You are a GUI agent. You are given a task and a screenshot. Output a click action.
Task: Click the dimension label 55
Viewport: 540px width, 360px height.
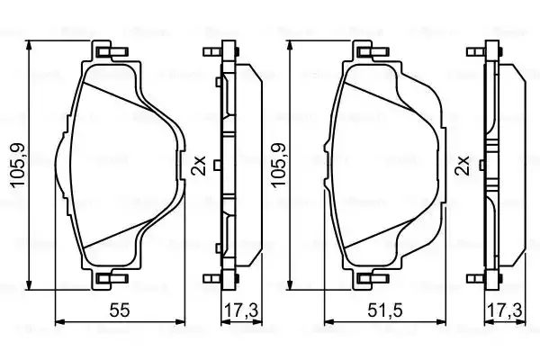point(120,310)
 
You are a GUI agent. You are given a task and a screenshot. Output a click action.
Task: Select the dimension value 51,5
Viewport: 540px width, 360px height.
point(385,310)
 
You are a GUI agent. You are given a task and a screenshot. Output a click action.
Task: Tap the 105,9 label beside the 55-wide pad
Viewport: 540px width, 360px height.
point(18,165)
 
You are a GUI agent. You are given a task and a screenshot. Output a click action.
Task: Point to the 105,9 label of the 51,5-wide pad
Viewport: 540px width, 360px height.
point(279,165)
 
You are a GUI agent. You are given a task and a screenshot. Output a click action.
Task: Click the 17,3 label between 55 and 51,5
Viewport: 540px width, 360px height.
point(240,310)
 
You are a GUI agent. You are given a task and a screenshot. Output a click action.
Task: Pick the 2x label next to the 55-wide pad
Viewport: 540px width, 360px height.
point(200,166)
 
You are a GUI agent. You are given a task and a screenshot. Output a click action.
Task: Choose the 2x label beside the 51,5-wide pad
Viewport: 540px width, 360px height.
point(463,166)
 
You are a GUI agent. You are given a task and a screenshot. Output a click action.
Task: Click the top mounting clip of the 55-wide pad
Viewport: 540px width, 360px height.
point(112,51)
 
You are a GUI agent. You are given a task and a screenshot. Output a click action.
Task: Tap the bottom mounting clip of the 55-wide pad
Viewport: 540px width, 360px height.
point(112,278)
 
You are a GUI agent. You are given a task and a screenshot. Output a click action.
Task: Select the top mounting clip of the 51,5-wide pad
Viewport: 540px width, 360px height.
point(373,51)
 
